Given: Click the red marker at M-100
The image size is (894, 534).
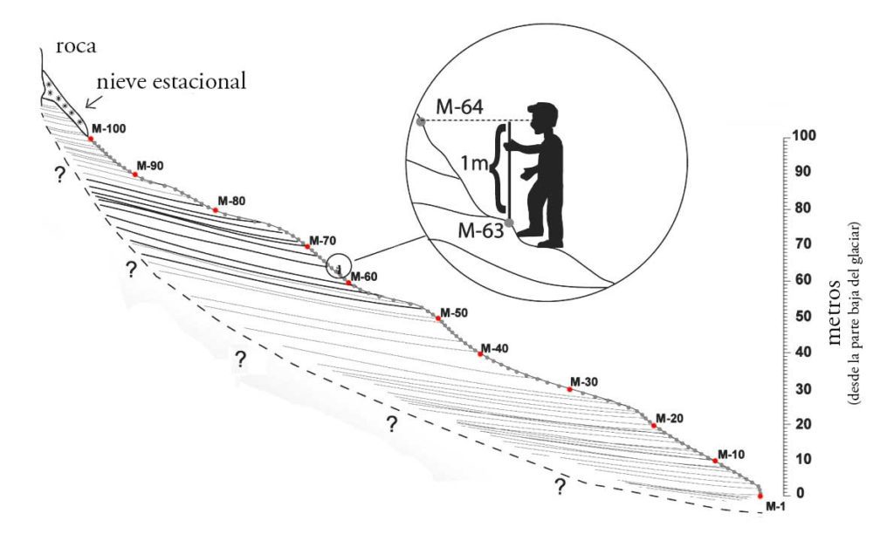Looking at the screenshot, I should [91, 138].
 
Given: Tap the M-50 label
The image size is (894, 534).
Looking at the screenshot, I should [454, 312].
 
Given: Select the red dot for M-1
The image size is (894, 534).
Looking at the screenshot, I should [760, 495].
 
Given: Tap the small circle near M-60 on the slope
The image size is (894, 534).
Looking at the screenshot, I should [339, 266].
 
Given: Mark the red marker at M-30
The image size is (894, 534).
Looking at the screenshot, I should [570, 389].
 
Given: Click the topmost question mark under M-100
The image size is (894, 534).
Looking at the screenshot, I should [58, 175].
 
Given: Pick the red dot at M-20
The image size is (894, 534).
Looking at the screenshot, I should [653, 425].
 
